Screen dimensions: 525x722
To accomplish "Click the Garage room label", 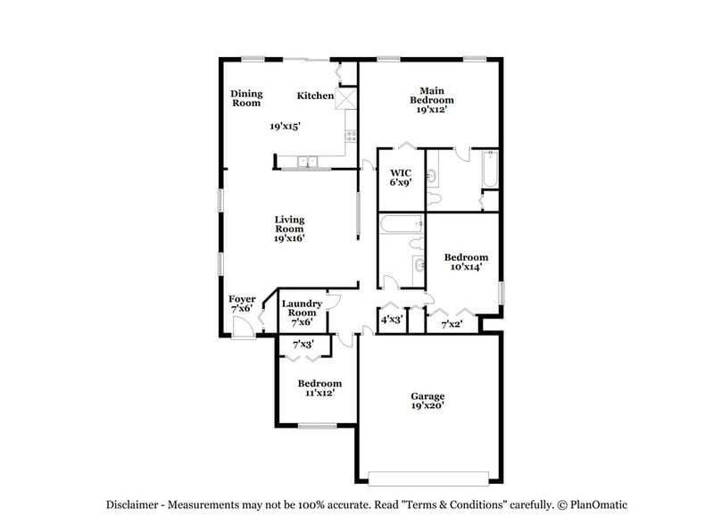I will [427, 396].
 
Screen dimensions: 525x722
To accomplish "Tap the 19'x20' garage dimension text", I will [427, 406].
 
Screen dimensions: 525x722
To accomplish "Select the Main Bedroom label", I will [432, 95].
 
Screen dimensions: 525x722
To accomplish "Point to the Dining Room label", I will [246, 98].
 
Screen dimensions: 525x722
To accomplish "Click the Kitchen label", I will [315, 96].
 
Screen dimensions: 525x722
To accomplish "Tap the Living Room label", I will [289, 224].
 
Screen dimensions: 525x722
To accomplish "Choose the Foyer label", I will [242, 299].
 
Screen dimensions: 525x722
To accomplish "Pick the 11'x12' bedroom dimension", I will [319, 392].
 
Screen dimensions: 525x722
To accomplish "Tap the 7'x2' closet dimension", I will [452, 324].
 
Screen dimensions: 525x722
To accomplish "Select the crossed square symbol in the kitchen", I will [345, 98].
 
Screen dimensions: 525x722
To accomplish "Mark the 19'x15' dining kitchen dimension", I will [286, 127].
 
